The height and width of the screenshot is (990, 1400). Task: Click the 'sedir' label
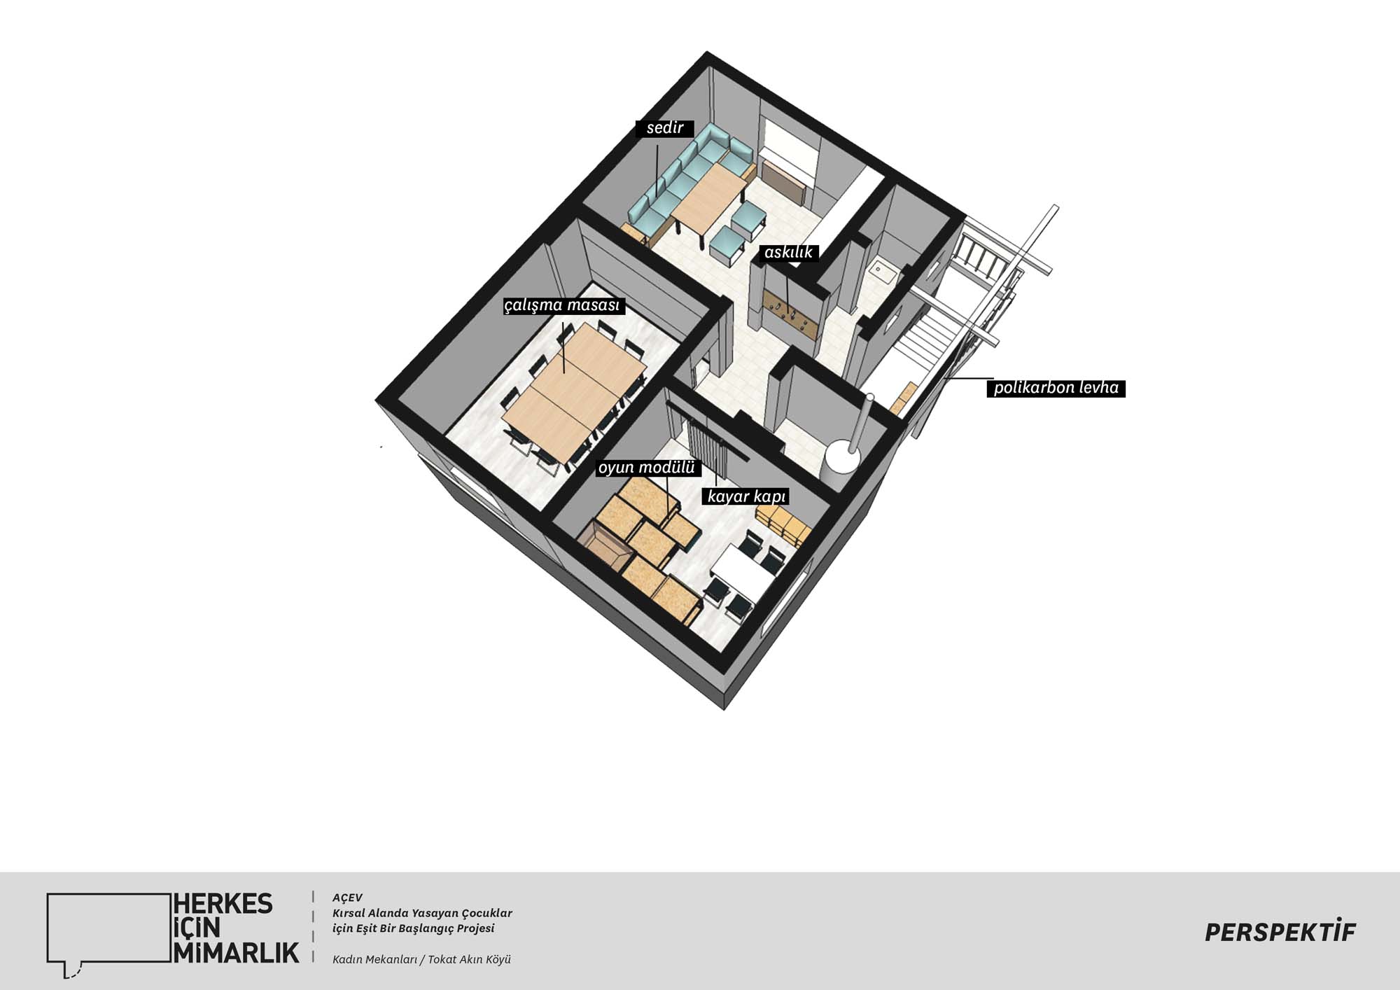tap(664, 128)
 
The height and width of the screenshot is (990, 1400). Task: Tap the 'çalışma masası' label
tap(563, 306)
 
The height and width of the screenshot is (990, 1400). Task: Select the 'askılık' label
tap(788, 252)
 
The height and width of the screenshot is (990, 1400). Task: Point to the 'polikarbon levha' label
tap(1056, 388)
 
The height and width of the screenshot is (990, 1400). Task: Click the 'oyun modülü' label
tap(647, 467)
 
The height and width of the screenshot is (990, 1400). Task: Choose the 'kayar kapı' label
tap(747, 496)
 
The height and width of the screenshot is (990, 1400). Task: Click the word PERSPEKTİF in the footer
tap(1280, 932)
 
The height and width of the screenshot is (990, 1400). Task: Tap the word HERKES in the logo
tap(223, 904)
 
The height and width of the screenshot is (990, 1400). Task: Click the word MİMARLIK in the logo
tap(236, 952)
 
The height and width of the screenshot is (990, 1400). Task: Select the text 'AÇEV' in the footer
tap(347, 898)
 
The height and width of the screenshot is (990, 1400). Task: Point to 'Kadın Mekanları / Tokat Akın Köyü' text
tap(421, 959)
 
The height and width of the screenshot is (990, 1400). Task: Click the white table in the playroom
tap(743, 574)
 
